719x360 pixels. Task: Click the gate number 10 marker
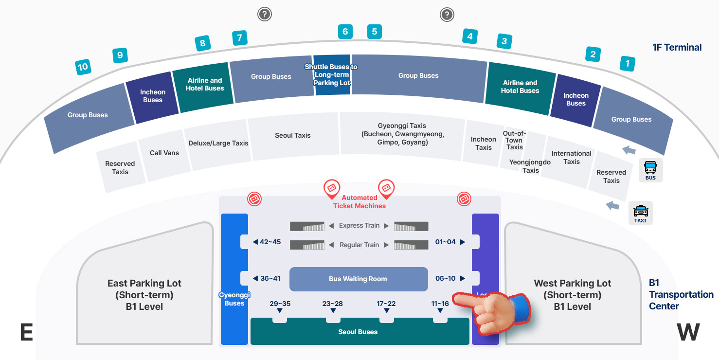(x=83, y=67)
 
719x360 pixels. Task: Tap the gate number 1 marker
(x=628, y=63)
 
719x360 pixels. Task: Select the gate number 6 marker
(x=345, y=32)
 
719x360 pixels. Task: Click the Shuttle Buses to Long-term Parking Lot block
(x=331, y=74)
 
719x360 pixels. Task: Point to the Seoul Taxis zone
(x=293, y=135)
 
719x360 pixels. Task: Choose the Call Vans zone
(x=164, y=153)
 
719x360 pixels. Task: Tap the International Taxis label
(x=571, y=157)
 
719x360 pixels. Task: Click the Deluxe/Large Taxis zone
(x=218, y=143)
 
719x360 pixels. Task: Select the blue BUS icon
(x=650, y=171)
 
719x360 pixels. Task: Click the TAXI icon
(x=640, y=213)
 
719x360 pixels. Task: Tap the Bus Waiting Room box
(x=358, y=279)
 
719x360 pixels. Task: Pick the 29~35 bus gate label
(x=280, y=304)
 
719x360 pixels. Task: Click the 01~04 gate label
(x=446, y=242)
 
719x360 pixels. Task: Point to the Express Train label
(x=359, y=226)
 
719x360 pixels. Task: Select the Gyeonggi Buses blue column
(x=234, y=279)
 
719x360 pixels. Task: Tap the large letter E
(x=26, y=333)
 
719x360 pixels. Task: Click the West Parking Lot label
(x=572, y=295)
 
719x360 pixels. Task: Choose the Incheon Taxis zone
(x=483, y=143)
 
